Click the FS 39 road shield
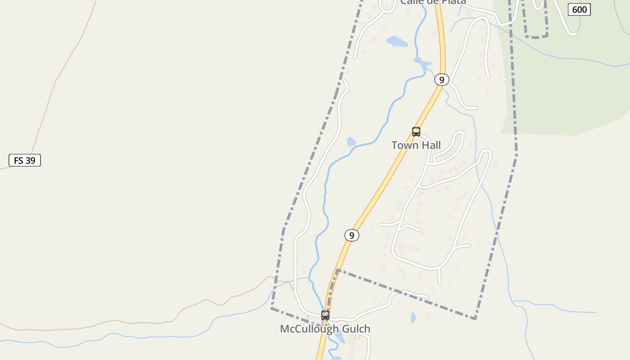click(x=25, y=160)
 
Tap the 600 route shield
click(x=579, y=9)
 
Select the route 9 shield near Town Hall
click(x=442, y=80)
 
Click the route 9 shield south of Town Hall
click(x=352, y=235)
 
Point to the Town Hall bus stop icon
click(x=416, y=132)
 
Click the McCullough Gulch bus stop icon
click(x=325, y=315)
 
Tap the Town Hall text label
click(x=416, y=145)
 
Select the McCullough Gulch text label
click(x=325, y=329)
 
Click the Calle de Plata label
click(x=433, y=2)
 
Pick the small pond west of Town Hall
click(x=351, y=142)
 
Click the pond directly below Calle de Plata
click(x=397, y=42)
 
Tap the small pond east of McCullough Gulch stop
click(x=413, y=318)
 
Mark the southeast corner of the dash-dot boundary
click(x=475, y=319)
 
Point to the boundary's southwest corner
click(x=271, y=308)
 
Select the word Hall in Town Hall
click(x=431, y=145)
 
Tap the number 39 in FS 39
click(x=31, y=160)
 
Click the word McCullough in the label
click(x=309, y=329)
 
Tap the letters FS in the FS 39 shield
click(x=18, y=160)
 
